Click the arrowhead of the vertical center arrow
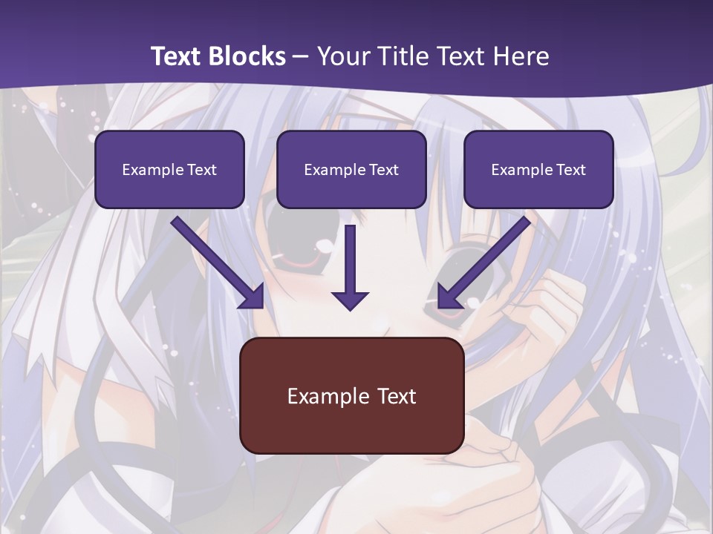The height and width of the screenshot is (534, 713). pos(350,300)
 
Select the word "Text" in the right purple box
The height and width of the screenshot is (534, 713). pos(570,170)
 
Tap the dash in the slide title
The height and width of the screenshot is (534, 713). pos(301,56)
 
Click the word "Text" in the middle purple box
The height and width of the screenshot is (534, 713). pos(383,170)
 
